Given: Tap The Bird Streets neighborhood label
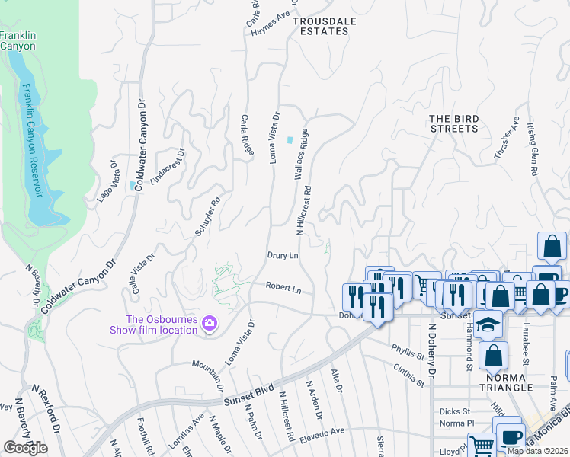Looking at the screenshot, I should pos(453,123).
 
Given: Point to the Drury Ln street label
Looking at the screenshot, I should pos(282,256).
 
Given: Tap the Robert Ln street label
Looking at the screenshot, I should pos(283,289).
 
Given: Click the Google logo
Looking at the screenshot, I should pos(25,448).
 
